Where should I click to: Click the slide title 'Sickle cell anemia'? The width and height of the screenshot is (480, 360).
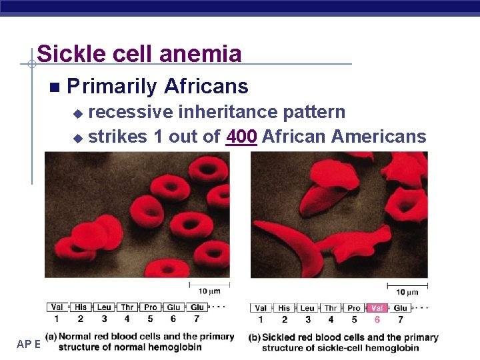click(x=139, y=53)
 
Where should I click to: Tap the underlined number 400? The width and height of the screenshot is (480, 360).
click(x=241, y=137)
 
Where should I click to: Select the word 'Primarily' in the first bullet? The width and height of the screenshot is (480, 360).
click(x=112, y=87)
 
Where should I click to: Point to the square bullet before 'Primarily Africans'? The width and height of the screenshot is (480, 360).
click(x=54, y=87)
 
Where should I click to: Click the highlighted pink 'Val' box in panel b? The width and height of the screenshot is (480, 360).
click(x=377, y=308)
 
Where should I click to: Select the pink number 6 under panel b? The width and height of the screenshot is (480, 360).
click(x=377, y=320)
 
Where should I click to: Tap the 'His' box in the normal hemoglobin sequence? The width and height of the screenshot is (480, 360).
click(x=81, y=307)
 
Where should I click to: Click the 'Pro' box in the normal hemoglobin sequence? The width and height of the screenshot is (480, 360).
click(x=151, y=307)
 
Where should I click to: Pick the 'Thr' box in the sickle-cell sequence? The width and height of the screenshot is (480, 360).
click(x=331, y=308)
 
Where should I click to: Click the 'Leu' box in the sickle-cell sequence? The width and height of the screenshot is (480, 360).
click(x=307, y=308)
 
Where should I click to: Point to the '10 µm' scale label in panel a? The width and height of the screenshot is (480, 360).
click(x=209, y=291)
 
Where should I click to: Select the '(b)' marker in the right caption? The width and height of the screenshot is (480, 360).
click(x=254, y=337)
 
